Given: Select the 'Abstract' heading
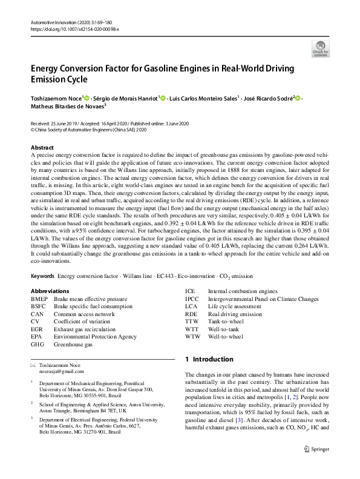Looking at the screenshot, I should (42, 148).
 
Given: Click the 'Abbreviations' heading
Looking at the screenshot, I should (50, 291).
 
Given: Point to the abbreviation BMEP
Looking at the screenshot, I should (39, 299).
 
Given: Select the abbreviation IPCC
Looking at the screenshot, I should (192, 299).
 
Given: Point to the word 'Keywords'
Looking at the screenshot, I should (44, 276).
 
